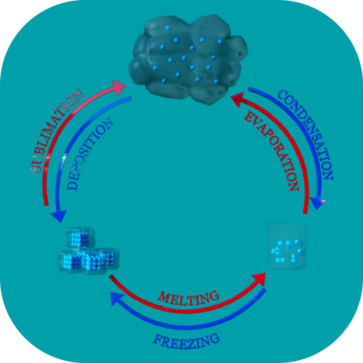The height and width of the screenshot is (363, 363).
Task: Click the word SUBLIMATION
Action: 57,130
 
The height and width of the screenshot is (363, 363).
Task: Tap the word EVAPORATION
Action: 272,151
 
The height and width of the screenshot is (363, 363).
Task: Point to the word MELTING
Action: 189,298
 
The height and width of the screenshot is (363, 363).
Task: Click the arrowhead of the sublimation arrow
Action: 118,87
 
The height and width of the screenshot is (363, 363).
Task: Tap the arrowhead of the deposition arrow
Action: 58,216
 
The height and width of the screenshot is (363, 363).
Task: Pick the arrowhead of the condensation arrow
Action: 318,203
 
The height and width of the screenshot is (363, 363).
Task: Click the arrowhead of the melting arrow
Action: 259,279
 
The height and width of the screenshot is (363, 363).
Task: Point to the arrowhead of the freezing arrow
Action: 117,298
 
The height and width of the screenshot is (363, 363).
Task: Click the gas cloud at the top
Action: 188,60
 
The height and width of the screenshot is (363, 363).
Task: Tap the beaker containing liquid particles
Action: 287,245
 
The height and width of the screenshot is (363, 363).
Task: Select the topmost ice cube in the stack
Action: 80,238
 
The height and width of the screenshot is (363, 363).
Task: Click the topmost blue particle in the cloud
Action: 167,28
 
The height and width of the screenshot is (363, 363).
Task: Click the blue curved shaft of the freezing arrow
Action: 189,328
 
